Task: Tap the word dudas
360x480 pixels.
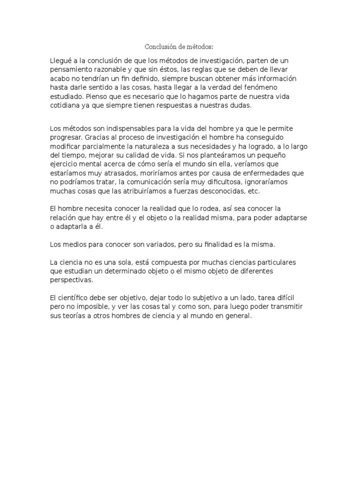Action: pyautogui.click(x=242, y=105)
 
